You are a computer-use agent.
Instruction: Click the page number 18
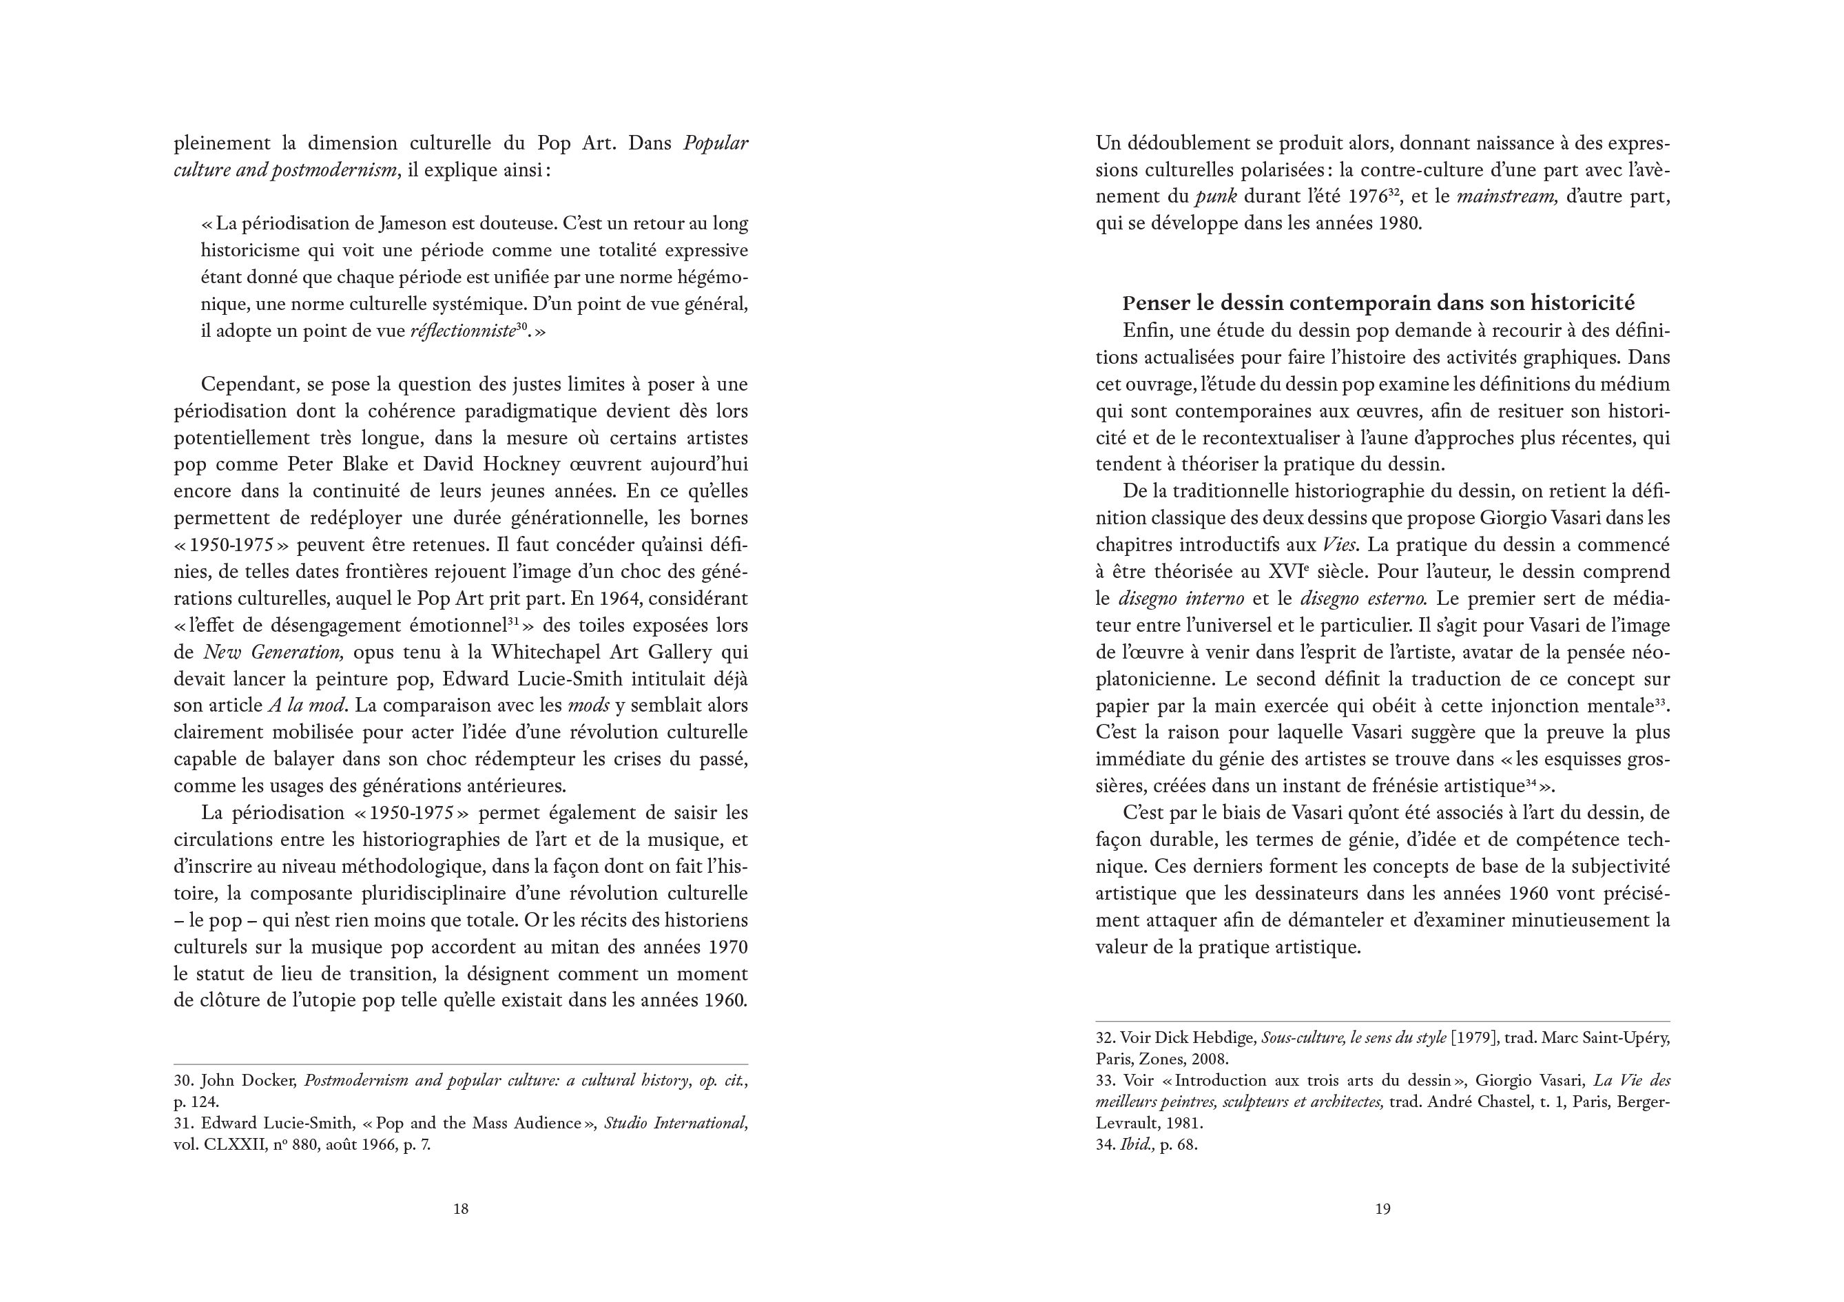(460, 1208)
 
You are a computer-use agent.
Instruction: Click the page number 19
(1382, 1208)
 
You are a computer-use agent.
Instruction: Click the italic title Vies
(1340, 545)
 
